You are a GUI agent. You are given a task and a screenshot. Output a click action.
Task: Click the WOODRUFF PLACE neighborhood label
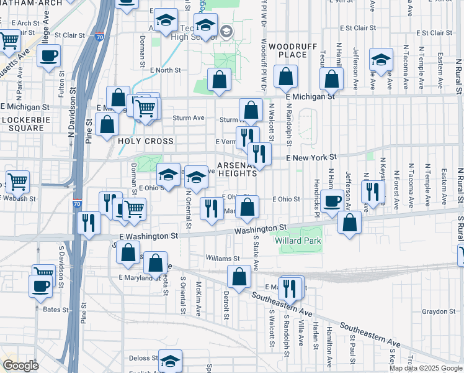288,50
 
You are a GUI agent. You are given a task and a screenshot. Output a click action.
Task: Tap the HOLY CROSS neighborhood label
146,141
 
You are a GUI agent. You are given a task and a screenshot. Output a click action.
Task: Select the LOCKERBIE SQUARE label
23,123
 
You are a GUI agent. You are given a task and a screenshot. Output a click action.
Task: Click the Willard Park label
298,241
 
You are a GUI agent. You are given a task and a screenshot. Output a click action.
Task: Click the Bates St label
55,309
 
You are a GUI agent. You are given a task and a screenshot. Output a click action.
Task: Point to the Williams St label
223,258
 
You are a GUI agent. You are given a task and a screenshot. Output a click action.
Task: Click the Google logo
20,366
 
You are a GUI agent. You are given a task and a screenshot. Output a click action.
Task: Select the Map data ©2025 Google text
426,368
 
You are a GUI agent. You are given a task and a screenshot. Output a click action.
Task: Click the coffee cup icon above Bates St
40,286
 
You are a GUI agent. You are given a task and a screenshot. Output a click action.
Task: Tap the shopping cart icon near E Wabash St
17,182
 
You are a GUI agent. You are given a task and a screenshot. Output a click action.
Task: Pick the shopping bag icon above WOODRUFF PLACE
285,78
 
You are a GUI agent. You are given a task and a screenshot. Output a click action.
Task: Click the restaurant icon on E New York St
259,154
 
